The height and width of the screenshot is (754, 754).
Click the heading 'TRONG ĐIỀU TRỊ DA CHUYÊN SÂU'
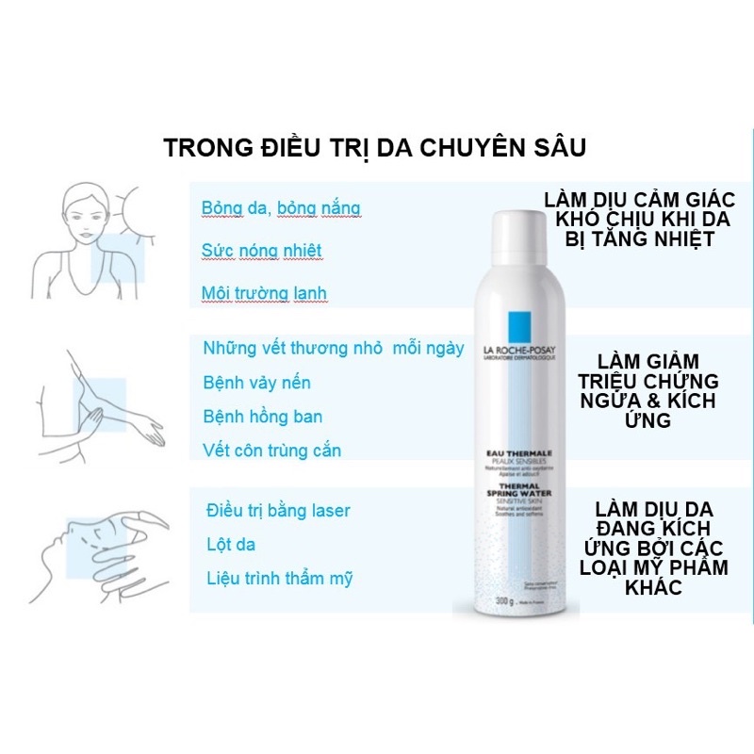pos(375,149)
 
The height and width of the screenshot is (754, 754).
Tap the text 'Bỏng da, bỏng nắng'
pos(281,207)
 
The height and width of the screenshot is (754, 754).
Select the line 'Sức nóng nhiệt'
pos(262,250)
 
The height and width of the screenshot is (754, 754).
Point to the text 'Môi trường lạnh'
pos(264,293)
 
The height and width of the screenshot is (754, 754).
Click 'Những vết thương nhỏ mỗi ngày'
pos(334,348)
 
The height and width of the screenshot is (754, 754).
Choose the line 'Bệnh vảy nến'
pos(256,383)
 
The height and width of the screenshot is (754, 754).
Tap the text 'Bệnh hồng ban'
pos(262,417)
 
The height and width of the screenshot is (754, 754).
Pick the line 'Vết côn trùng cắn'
pos(272,451)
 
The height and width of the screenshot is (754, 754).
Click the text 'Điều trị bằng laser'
pos(278,511)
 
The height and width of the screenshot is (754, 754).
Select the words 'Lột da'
pos(231,545)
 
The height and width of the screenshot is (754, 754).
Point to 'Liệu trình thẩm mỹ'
pos(280,579)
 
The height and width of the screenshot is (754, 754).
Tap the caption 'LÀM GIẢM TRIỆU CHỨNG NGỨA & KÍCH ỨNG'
pos(659,391)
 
